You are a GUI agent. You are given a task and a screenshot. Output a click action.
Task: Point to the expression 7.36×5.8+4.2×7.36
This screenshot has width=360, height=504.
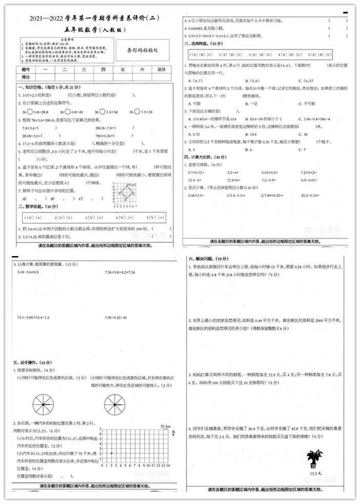coord(119,272)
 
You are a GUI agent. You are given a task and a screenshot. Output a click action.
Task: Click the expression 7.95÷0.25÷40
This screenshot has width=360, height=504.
coord(115,318)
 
